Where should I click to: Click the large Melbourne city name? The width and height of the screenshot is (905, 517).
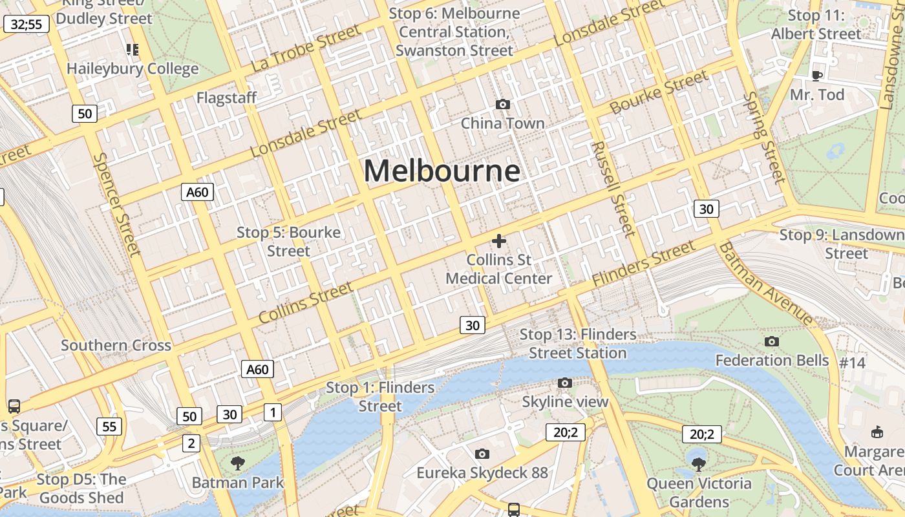(x=442, y=171)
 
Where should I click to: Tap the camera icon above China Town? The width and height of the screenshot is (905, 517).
(x=502, y=104)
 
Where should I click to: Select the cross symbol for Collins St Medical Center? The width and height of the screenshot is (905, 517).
(x=498, y=241)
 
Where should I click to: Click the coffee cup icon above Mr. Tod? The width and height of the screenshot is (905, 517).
(x=817, y=76)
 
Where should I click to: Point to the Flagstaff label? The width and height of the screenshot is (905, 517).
(x=226, y=98)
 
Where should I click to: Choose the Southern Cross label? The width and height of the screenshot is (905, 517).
(x=116, y=345)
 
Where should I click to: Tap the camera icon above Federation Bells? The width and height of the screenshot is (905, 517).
(x=771, y=341)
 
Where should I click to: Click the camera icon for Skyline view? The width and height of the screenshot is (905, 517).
(x=565, y=383)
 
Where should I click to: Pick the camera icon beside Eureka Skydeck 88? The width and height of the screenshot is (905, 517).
(x=482, y=454)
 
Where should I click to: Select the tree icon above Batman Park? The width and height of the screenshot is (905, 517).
(x=238, y=463)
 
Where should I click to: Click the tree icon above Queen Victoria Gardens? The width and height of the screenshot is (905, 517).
(x=699, y=463)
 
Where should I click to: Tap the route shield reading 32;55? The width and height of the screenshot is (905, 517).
(x=27, y=25)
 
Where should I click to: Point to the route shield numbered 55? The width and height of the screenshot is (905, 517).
(x=109, y=426)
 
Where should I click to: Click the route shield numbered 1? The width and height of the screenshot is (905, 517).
(x=273, y=412)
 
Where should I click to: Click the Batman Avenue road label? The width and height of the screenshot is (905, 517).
(x=766, y=283)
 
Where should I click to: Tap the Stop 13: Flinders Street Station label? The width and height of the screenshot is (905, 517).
(x=578, y=344)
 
